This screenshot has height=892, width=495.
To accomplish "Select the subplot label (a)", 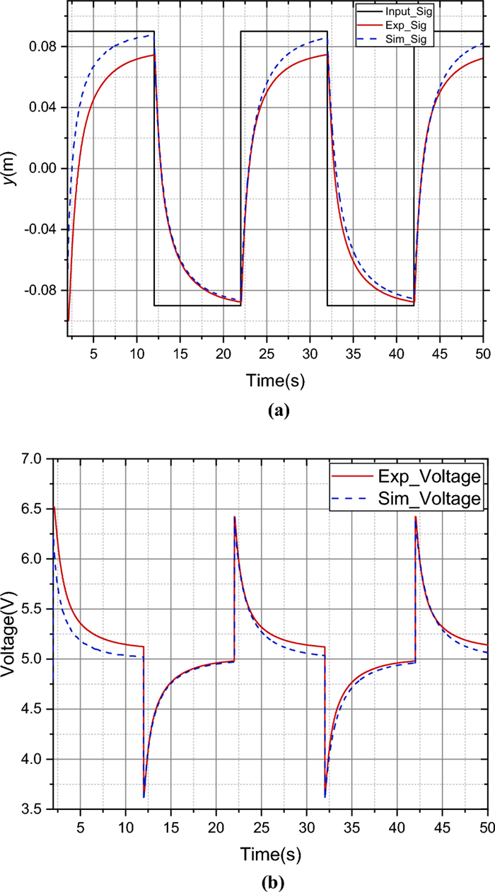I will click(275, 410).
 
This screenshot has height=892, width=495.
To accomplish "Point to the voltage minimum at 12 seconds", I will click(144, 797).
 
